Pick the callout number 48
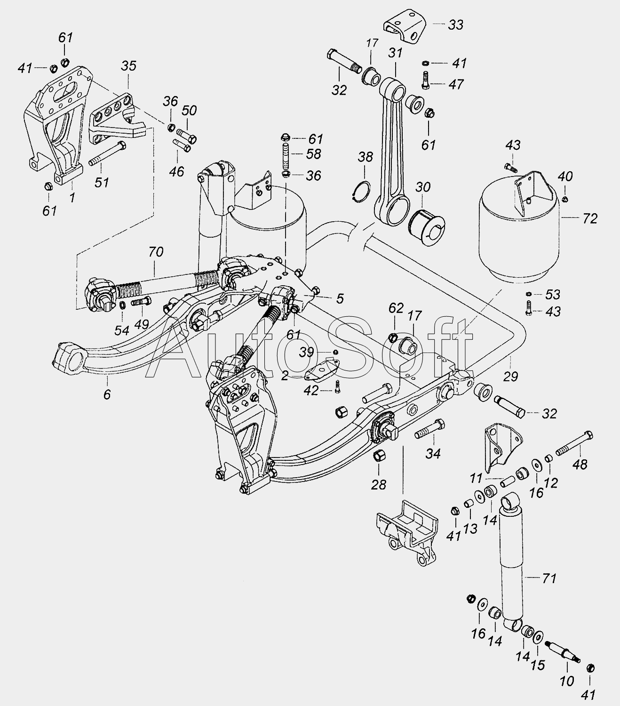581,465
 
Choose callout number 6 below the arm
107,394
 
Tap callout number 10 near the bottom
567,681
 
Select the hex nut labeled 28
379,456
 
